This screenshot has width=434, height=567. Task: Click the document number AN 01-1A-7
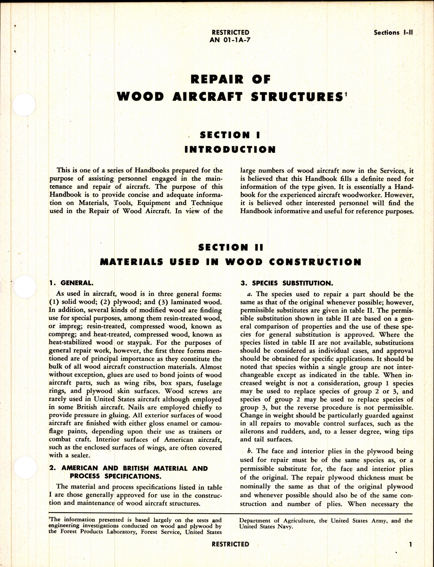click(x=230, y=39)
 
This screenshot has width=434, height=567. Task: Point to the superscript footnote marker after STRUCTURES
click(x=345, y=93)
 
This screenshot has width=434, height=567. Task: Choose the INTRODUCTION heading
click(x=230, y=150)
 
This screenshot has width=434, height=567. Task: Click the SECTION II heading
click(x=230, y=247)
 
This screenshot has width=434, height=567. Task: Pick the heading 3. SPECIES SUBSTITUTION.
click(x=286, y=283)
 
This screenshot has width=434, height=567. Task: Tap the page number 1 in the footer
click(x=410, y=544)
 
